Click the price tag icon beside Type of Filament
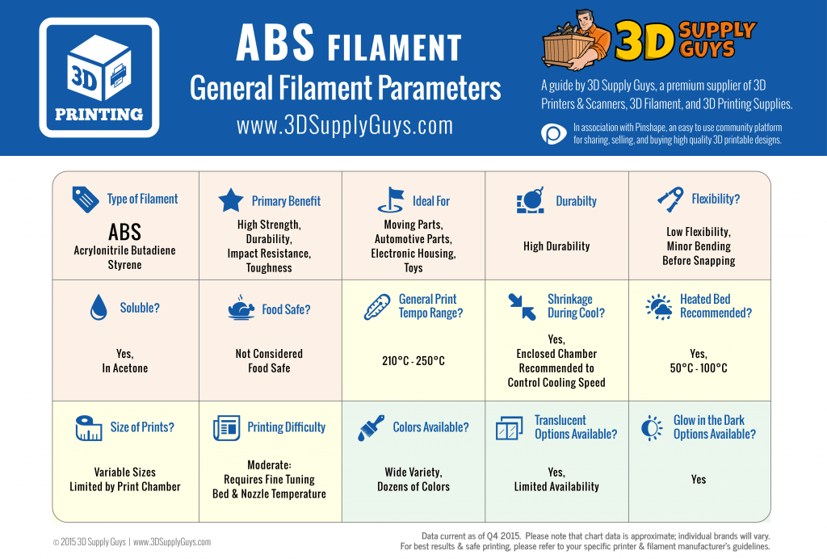(86, 200)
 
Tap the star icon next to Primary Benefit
(231, 200)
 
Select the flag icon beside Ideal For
(391, 200)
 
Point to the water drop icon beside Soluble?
(98, 307)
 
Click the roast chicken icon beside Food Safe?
(241, 308)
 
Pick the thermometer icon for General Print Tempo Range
(377, 307)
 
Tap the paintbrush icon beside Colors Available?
(371, 427)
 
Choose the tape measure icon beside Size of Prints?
(89, 427)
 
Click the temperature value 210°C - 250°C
(413, 361)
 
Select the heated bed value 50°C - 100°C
(699, 368)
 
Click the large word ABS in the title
(275, 43)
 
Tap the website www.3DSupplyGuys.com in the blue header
(345, 126)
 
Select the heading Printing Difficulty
(287, 427)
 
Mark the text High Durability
(556, 246)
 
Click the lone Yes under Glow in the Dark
(699, 479)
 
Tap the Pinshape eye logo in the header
(554, 134)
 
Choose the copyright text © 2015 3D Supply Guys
(90, 542)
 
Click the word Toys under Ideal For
(413, 268)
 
